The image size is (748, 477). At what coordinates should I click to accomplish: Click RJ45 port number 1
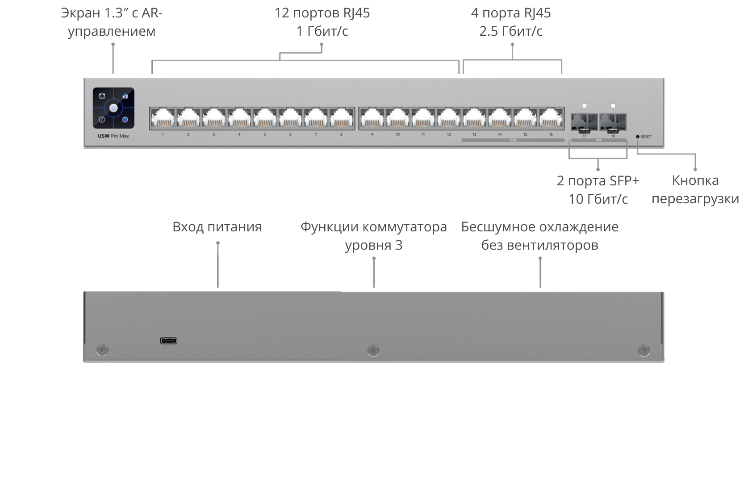click(x=163, y=119)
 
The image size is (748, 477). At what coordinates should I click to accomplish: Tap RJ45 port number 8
click(x=342, y=119)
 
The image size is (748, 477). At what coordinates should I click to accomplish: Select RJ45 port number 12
click(x=449, y=119)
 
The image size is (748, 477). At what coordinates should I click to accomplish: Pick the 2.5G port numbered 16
click(x=551, y=119)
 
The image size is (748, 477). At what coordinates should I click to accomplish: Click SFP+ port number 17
click(x=584, y=121)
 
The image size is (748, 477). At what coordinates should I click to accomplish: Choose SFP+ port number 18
click(x=613, y=121)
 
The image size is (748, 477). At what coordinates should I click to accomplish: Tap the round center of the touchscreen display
click(x=113, y=108)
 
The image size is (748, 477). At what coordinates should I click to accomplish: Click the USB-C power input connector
click(x=168, y=341)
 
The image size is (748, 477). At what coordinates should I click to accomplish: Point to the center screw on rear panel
click(x=373, y=350)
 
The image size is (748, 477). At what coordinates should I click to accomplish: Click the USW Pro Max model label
click(x=113, y=136)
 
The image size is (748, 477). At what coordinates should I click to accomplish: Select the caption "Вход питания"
click(x=217, y=227)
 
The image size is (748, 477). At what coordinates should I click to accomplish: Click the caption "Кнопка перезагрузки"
click(x=695, y=189)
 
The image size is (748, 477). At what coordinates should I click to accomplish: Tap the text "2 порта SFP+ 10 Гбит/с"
click(x=598, y=190)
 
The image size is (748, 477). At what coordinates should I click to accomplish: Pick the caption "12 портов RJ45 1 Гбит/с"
click(x=322, y=22)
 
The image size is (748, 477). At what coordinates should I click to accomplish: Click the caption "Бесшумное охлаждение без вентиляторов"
click(x=539, y=236)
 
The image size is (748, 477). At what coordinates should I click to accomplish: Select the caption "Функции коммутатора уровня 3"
click(x=374, y=236)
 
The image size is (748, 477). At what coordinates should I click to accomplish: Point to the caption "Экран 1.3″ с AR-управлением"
click(x=112, y=22)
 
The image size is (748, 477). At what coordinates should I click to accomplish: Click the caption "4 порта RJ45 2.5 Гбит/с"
click(x=511, y=22)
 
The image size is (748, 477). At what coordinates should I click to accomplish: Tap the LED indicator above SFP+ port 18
click(x=613, y=106)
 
